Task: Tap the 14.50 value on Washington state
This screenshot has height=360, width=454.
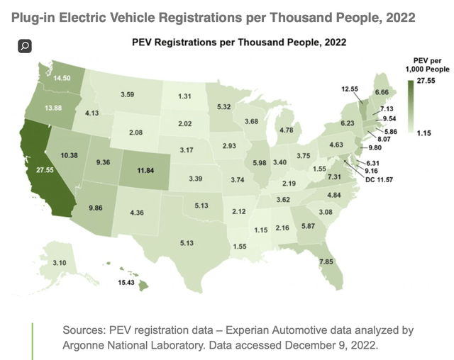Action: [x=54, y=78]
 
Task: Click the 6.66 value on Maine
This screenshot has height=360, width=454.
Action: [x=401, y=93]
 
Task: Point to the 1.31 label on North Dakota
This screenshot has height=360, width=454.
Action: [x=187, y=96]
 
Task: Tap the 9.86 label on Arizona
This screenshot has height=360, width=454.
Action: [x=96, y=208]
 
